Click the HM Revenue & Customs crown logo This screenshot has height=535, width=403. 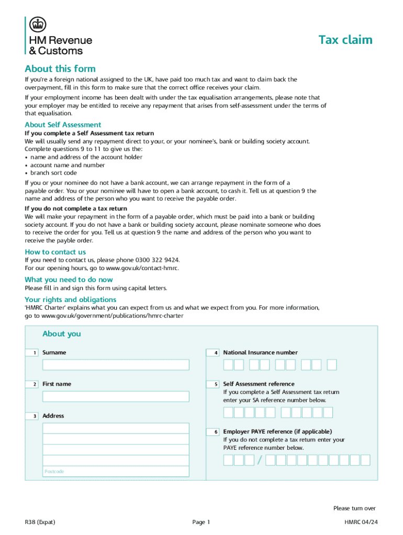pos(38,24)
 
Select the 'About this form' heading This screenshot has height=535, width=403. pos(60,69)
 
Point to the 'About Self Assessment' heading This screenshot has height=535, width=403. pos(63,125)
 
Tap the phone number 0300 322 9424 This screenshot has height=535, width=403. pos(158,260)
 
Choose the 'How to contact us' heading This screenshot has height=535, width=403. pos(55,252)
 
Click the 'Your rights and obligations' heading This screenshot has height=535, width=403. pos(71,299)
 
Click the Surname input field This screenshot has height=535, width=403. pos(116,365)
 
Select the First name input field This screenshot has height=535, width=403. pos(116,396)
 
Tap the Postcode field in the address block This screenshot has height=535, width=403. pos(116,471)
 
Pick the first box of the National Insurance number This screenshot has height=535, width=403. pos(228,365)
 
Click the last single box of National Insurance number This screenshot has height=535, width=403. pos(332,365)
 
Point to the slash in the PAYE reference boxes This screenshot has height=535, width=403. pos(259,460)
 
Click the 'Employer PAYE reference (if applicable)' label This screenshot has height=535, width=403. pos(277,432)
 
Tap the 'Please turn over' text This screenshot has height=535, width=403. pos(354,508)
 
